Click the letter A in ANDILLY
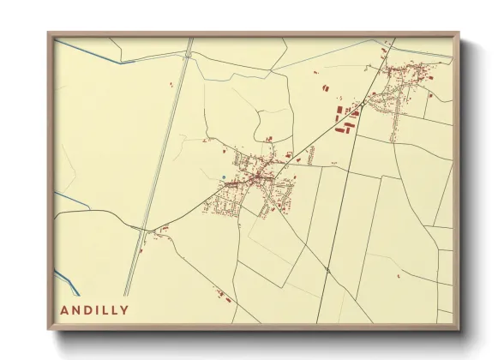[64, 310]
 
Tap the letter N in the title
[76, 310]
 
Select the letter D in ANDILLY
[88, 310]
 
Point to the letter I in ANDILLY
[98, 310]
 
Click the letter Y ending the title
[126, 310]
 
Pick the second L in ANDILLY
[115, 310]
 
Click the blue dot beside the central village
[223, 178]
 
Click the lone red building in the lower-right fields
[399, 276]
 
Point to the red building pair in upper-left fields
[171, 84]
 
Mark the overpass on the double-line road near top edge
[186, 54]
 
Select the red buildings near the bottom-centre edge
[225, 298]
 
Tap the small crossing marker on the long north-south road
[328, 269]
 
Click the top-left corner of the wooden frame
[50, 34]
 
